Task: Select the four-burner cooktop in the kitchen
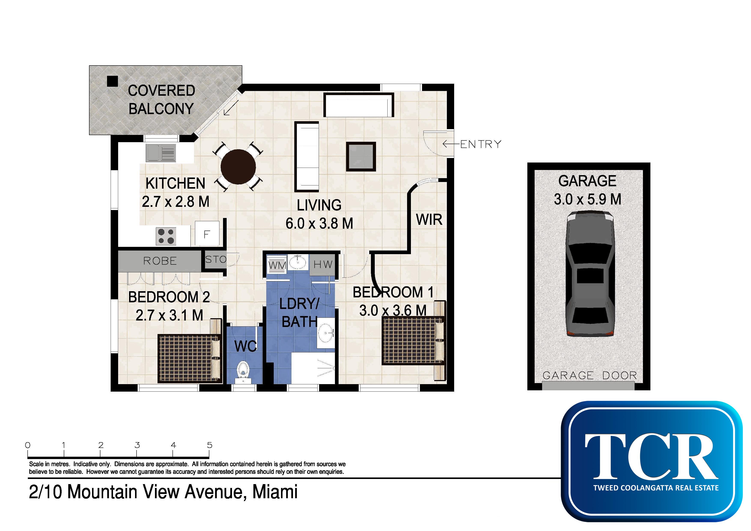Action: coord(166,236)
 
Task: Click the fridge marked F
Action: coord(207,233)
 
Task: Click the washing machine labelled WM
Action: coord(277,265)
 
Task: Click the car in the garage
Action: coord(590,273)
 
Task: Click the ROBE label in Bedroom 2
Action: coord(160,261)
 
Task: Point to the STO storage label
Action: coord(216,260)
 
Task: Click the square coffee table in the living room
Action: coord(361,156)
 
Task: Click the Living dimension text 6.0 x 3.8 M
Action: coord(319,224)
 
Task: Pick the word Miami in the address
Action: coord(275,492)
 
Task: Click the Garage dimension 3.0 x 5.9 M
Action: coord(587,199)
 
